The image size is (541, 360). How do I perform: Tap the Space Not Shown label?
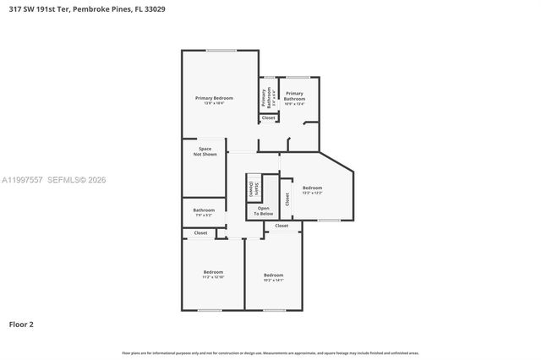205,152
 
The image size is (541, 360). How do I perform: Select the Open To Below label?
265,211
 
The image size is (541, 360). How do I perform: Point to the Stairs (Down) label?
253,188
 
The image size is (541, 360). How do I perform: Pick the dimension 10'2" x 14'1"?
273,280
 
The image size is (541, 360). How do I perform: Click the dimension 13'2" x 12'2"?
313,193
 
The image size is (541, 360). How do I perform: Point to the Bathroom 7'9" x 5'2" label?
204,212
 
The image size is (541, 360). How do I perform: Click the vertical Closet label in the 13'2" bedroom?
287,199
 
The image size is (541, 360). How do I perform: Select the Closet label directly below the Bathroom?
200,232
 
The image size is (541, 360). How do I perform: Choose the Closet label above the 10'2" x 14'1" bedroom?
281,226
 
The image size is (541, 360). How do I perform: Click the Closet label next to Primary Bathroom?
268,117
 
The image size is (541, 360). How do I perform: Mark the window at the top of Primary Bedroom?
221,51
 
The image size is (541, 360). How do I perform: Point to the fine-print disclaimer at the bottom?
270,352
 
